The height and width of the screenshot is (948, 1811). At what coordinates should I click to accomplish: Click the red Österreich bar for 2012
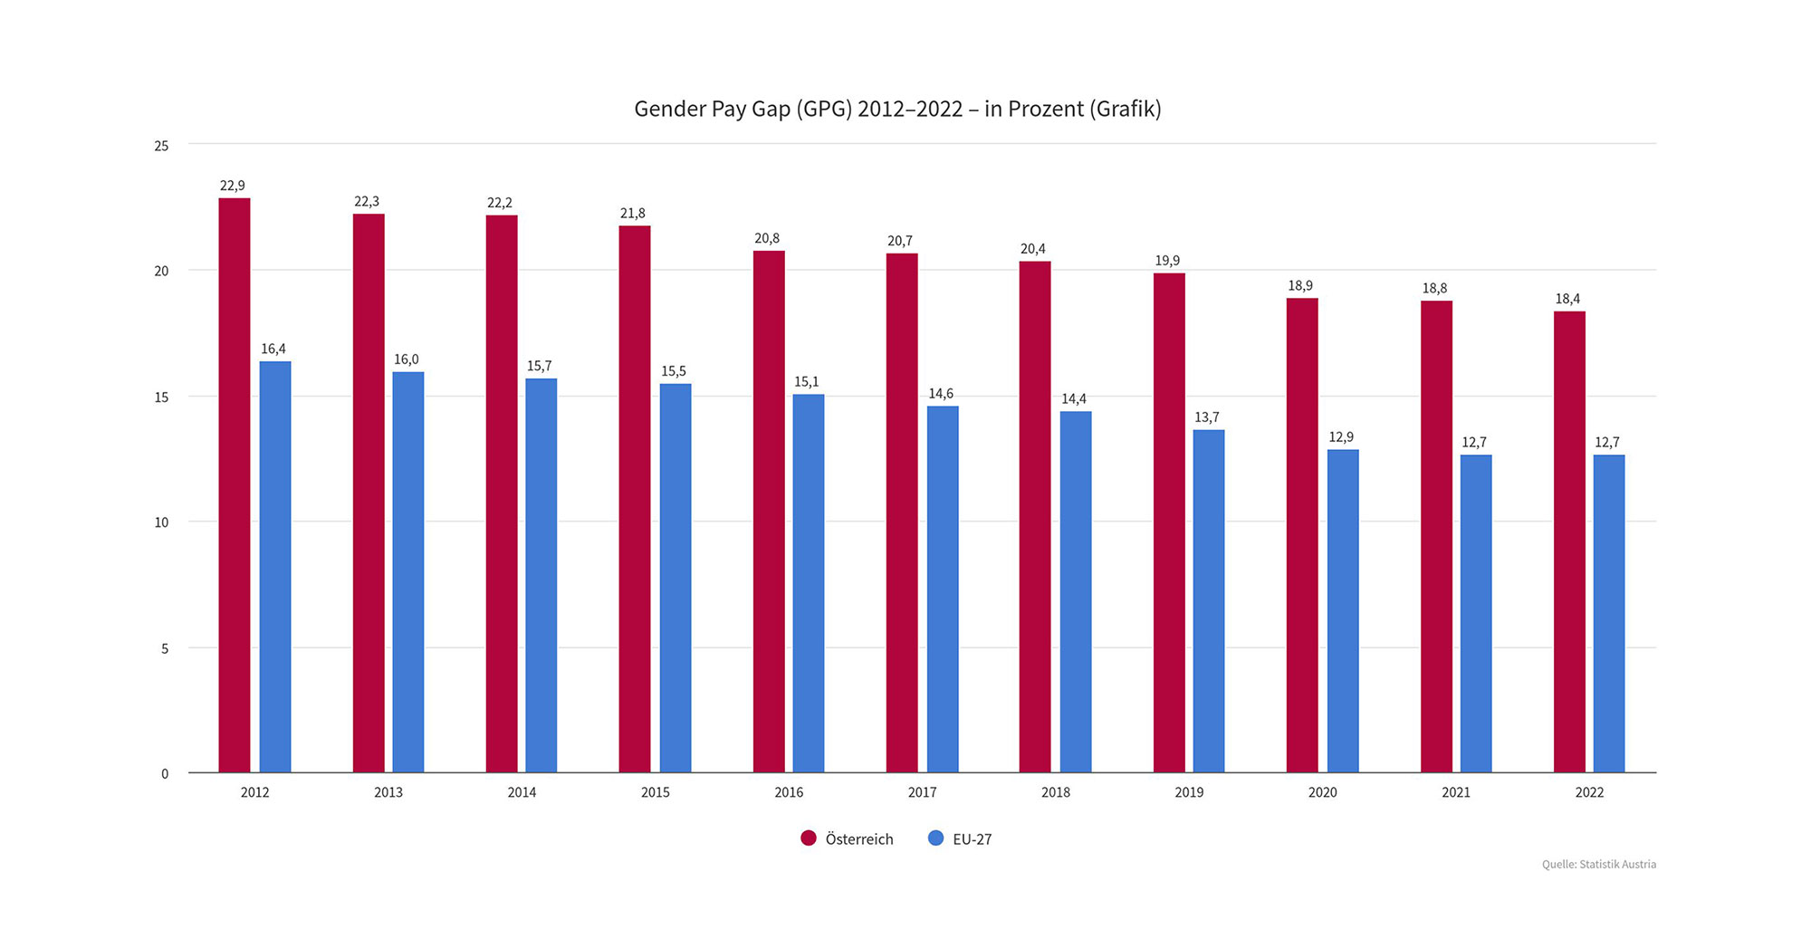(235, 485)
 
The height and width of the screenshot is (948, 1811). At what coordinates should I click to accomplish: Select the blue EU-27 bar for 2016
(809, 583)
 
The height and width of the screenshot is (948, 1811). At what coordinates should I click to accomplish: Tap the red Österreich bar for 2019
(1169, 522)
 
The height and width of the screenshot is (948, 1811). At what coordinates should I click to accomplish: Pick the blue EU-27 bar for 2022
(1609, 613)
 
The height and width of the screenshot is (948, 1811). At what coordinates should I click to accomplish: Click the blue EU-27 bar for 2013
(408, 572)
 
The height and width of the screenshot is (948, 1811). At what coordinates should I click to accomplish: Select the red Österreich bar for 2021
(1436, 536)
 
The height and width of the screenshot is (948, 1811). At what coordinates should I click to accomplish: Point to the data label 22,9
(233, 186)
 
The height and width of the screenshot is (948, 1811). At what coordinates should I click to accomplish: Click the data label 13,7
(1207, 417)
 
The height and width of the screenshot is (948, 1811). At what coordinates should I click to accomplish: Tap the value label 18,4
(1567, 299)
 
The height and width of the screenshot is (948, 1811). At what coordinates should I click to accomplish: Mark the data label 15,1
(807, 382)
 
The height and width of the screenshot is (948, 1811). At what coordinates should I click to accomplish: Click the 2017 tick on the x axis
(922, 792)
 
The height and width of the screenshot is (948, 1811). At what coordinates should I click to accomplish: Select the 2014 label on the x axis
(522, 792)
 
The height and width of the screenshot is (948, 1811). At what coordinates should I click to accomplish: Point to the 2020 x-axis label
(1322, 792)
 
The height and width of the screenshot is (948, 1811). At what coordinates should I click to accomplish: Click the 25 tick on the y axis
(162, 146)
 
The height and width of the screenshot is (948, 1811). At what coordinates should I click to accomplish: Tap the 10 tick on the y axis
(162, 522)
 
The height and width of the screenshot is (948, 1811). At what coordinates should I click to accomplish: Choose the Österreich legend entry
(858, 839)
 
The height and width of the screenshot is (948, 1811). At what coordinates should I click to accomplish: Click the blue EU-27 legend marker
(936, 838)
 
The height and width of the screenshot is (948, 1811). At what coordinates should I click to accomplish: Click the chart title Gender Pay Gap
(896, 110)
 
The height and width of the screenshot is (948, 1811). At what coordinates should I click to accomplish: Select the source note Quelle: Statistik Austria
(1598, 865)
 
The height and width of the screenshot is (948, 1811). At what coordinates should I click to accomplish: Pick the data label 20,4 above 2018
(1033, 249)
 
